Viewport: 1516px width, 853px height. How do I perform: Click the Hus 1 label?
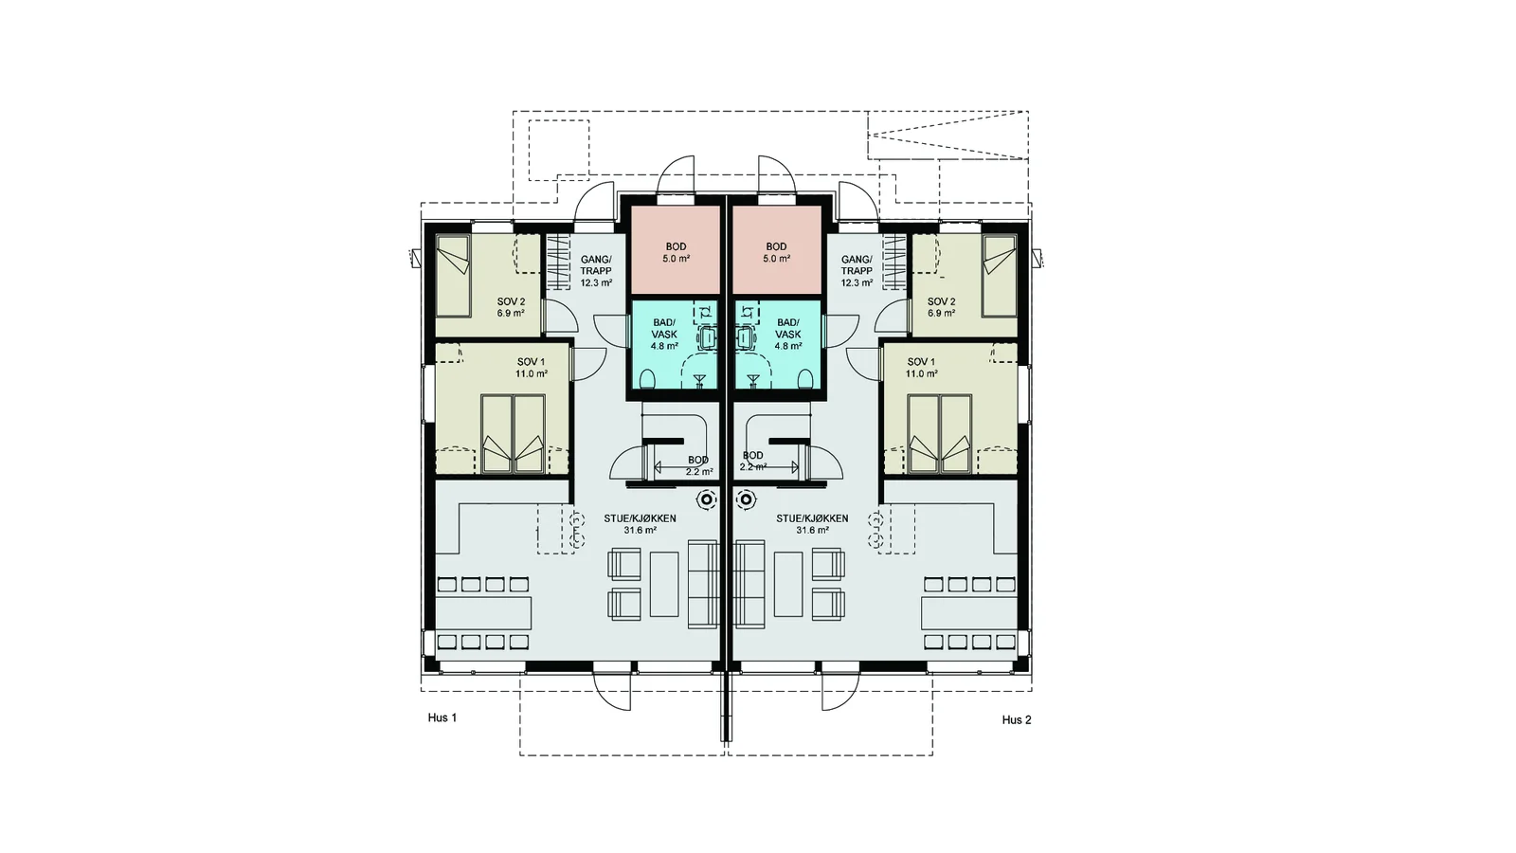[x=442, y=717]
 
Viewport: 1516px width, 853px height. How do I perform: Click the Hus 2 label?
[x=1017, y=719]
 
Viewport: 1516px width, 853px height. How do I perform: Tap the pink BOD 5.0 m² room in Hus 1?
[x=676, y=252]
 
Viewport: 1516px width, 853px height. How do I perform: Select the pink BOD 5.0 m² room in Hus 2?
[x=776, y=252]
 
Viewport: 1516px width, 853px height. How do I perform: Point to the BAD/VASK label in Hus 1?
[x=664, y=328]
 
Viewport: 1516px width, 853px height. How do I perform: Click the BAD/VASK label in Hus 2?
[x=787, y=328]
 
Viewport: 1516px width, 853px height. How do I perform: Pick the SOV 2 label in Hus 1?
[x=511, y=301]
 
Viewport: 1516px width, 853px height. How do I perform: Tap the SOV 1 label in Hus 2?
[x=921, y=362]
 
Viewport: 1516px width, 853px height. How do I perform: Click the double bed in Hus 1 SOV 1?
[x=513, y=434]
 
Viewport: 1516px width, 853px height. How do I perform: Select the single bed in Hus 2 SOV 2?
[x=1000, y=276]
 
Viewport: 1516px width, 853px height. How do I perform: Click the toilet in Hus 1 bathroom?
[x=647, y=379]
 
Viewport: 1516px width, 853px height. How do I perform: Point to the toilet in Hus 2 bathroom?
[x=805, y=379]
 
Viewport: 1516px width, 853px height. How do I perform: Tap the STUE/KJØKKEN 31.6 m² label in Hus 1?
[x=640, y=524]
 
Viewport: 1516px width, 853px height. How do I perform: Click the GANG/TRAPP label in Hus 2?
[x=857, y=264]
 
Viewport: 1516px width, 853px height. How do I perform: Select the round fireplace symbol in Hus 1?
[x=707, y=499]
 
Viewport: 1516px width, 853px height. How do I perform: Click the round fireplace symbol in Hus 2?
[x=746, y=499]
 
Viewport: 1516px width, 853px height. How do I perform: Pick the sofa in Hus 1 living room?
[x=703, y=584]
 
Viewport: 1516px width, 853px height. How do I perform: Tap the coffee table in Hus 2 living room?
[x=788, y=584]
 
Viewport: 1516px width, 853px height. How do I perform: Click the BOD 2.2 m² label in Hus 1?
[x=698, y=465]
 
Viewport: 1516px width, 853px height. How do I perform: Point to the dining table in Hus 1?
[x=483, y=612]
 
